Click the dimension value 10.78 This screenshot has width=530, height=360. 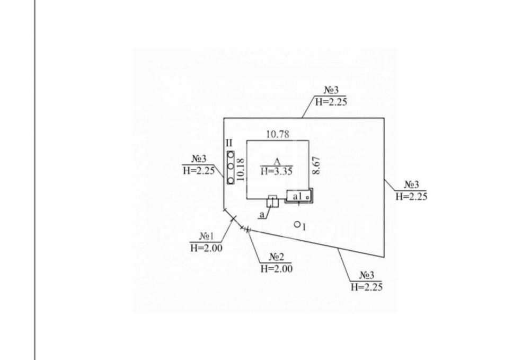click(277, 135)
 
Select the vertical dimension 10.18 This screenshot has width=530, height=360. click(241, 169)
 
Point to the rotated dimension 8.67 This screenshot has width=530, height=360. click(316, 165)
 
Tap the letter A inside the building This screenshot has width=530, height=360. click(276, 161)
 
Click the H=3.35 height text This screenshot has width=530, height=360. click(276, 171)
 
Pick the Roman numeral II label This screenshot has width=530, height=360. click(229, 143)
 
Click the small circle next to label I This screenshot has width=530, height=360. click(297, 224)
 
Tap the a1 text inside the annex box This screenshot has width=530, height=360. click(297, 197)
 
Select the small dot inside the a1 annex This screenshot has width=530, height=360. click(307, 197)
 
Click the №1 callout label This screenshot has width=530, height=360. click(207, 236)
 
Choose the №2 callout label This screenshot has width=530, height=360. click(276, 257)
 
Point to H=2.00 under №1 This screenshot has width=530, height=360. click(206, 247)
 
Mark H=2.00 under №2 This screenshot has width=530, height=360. click(276, 268)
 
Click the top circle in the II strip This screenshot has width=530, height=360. click(231, 154)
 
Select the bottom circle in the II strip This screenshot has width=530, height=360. click(231, 181)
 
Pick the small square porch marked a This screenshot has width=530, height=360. click(272, 201)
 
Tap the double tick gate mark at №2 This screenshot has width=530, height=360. click(246, 228)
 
